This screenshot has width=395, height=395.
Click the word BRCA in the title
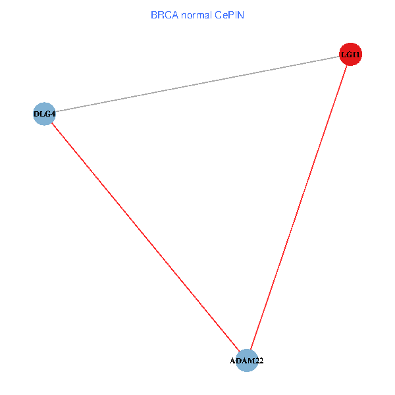165,15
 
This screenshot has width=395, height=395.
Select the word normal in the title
196,15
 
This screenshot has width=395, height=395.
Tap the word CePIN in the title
229,15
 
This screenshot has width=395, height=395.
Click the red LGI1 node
350,54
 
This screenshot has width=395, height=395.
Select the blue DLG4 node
44,114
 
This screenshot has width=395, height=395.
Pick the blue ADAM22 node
247,361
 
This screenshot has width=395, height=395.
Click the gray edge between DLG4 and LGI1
197,84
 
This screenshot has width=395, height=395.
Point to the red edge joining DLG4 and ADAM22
145,237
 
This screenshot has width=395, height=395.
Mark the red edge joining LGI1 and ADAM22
299,207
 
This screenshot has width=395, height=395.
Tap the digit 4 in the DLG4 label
53,114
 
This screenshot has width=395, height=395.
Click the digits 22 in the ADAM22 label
259,361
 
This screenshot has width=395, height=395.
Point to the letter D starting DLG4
36,114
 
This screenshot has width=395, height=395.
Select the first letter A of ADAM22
233,361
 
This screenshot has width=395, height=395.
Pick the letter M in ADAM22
250,361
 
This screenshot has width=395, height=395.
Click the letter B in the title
154,15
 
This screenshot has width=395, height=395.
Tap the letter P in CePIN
231,15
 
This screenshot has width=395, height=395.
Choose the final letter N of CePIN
240,15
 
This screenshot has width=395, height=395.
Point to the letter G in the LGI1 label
350,55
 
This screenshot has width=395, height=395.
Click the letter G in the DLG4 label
47,114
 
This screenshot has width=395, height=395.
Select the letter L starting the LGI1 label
344,55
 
